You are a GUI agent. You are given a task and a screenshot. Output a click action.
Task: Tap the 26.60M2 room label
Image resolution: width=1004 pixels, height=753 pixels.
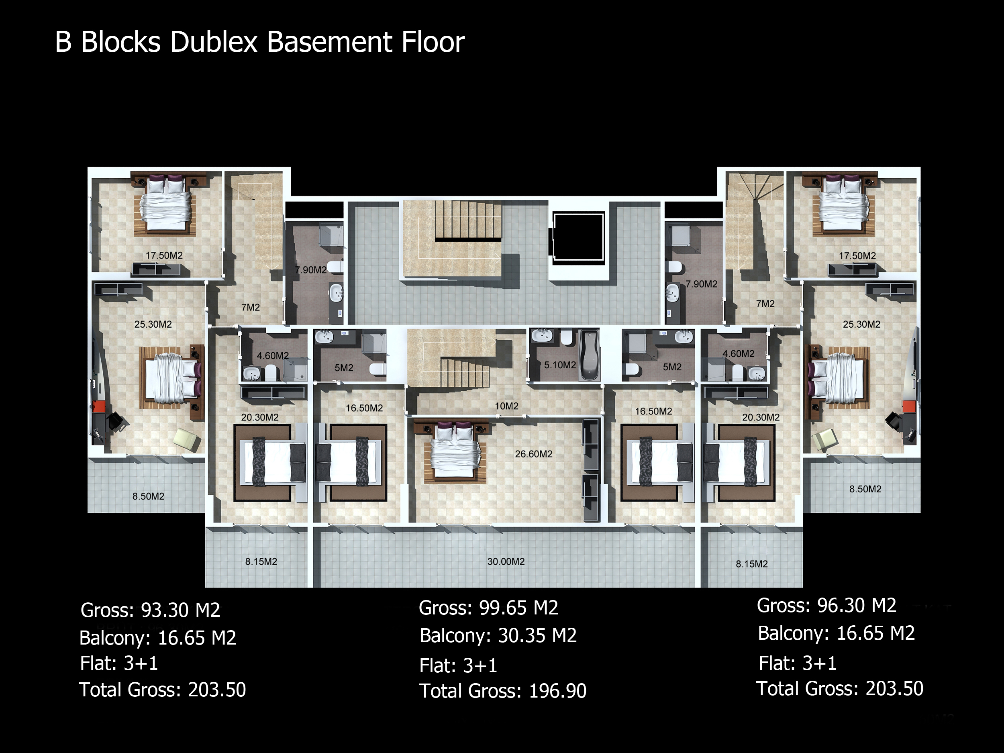[x=533, y=454]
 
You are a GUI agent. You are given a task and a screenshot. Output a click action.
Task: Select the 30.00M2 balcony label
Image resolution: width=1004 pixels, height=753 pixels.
[x=506, y=561]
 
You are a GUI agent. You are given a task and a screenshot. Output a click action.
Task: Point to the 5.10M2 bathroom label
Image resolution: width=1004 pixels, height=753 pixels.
[x=560, y=365]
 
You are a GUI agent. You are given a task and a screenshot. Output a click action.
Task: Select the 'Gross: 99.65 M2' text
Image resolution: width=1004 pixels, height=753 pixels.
[x=488, y=608]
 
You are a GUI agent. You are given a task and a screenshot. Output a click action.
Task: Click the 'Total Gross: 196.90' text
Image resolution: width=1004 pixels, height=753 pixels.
[x=503, y=691]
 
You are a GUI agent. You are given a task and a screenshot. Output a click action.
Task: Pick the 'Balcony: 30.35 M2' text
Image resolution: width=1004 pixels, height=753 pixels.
[x=498, y=635]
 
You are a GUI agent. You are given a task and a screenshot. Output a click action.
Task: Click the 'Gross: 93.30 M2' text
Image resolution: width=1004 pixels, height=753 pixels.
[x=150, y=610]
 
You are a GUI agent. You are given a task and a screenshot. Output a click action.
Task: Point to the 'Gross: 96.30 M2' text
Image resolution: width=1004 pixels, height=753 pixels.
[x=826, y=606]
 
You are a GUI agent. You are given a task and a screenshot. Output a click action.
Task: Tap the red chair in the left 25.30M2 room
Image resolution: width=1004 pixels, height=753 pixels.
[x=99, y=407]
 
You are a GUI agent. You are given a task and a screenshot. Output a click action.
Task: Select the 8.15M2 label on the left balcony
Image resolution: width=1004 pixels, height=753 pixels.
[x=261, y=561]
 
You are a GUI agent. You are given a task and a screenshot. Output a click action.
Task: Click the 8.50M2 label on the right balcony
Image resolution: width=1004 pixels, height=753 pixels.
[x=865, y=489]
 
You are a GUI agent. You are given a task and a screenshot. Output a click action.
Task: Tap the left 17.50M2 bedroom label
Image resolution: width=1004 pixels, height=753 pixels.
[x=164, y=255]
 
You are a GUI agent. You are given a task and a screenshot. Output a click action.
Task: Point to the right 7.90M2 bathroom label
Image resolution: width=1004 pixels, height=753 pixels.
[x=701, y=284]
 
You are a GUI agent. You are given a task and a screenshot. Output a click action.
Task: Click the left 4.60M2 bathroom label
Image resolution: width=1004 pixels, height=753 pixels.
[x=273, y=356]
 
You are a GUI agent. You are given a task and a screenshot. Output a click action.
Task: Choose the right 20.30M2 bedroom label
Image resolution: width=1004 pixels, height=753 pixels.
[x=761, y=418]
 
